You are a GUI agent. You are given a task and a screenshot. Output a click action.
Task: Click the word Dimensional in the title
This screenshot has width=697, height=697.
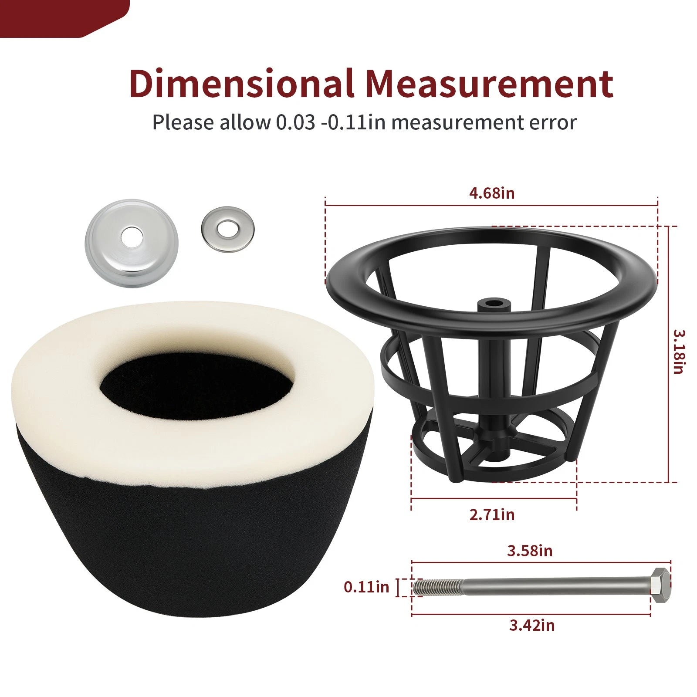click(x=241, y=83)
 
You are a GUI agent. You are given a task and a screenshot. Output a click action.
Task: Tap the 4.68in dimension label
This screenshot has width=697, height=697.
click(x=492, y=193)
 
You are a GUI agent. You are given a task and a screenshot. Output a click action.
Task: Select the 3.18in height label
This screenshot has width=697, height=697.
click(x=678, y=352)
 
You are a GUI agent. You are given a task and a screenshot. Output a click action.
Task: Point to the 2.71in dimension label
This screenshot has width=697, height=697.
click(x=492, y=514)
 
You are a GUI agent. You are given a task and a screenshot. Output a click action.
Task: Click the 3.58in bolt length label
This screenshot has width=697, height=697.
click(x=530, y=551)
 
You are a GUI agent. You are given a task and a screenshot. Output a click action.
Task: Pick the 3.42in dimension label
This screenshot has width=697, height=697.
click(x=532, y=625)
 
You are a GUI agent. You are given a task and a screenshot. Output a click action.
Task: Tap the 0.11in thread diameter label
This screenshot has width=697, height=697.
click(x=366, y=587)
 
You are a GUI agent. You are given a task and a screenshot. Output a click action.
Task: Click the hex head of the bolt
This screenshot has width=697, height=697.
click(x=661, y=585)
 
